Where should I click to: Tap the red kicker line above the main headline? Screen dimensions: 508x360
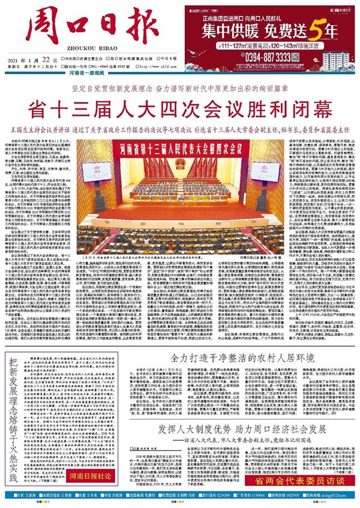180,88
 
